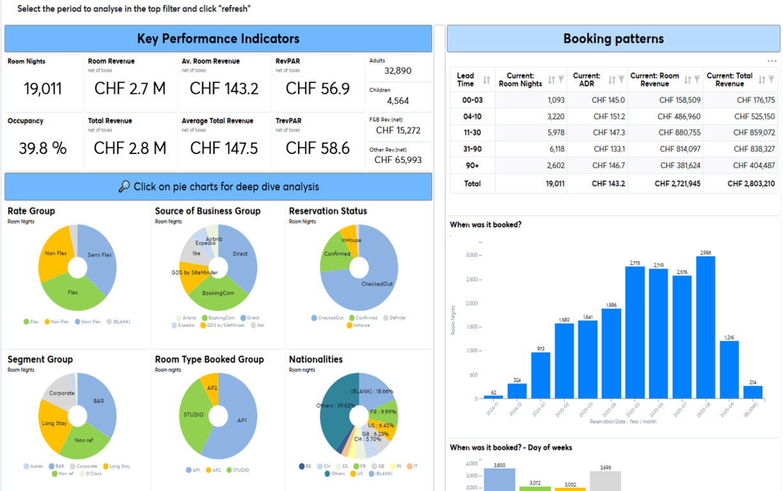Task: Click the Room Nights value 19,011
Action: pyautogui.click(x=43, y=89)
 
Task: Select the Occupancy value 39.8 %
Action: pyautogui.click(x=43, y=148)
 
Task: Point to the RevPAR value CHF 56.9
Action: pyautogui.click(x=317, y=89)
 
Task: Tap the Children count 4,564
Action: pyautogui.click(x=397, y=101)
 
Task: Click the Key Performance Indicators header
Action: pyautogui.click(x=218, y=39)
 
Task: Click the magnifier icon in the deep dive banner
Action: pyautogui.click(x=124, y=187)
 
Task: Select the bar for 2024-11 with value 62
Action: pyautogui.click(x=493, y=397)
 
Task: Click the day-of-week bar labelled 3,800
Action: pyautogui.click(x=499, y=479)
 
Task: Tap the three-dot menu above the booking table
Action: pyautogui.click(x=771, y=61)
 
